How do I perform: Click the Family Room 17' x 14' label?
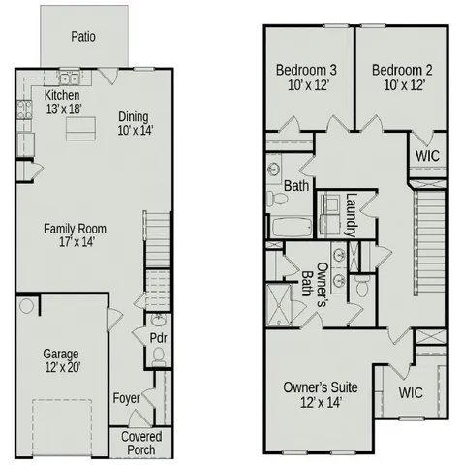[75, 235]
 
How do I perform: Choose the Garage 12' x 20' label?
[60, 359]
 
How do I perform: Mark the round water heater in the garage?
[26, 306]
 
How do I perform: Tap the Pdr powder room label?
[159, 338]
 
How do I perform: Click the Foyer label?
[126, 398]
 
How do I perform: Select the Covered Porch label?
[141, 443]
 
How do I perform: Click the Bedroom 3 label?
[306, 77]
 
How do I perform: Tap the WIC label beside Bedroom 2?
[427, 154]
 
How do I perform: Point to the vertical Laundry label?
[351, 215]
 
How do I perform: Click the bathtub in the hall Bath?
[290, 229]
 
